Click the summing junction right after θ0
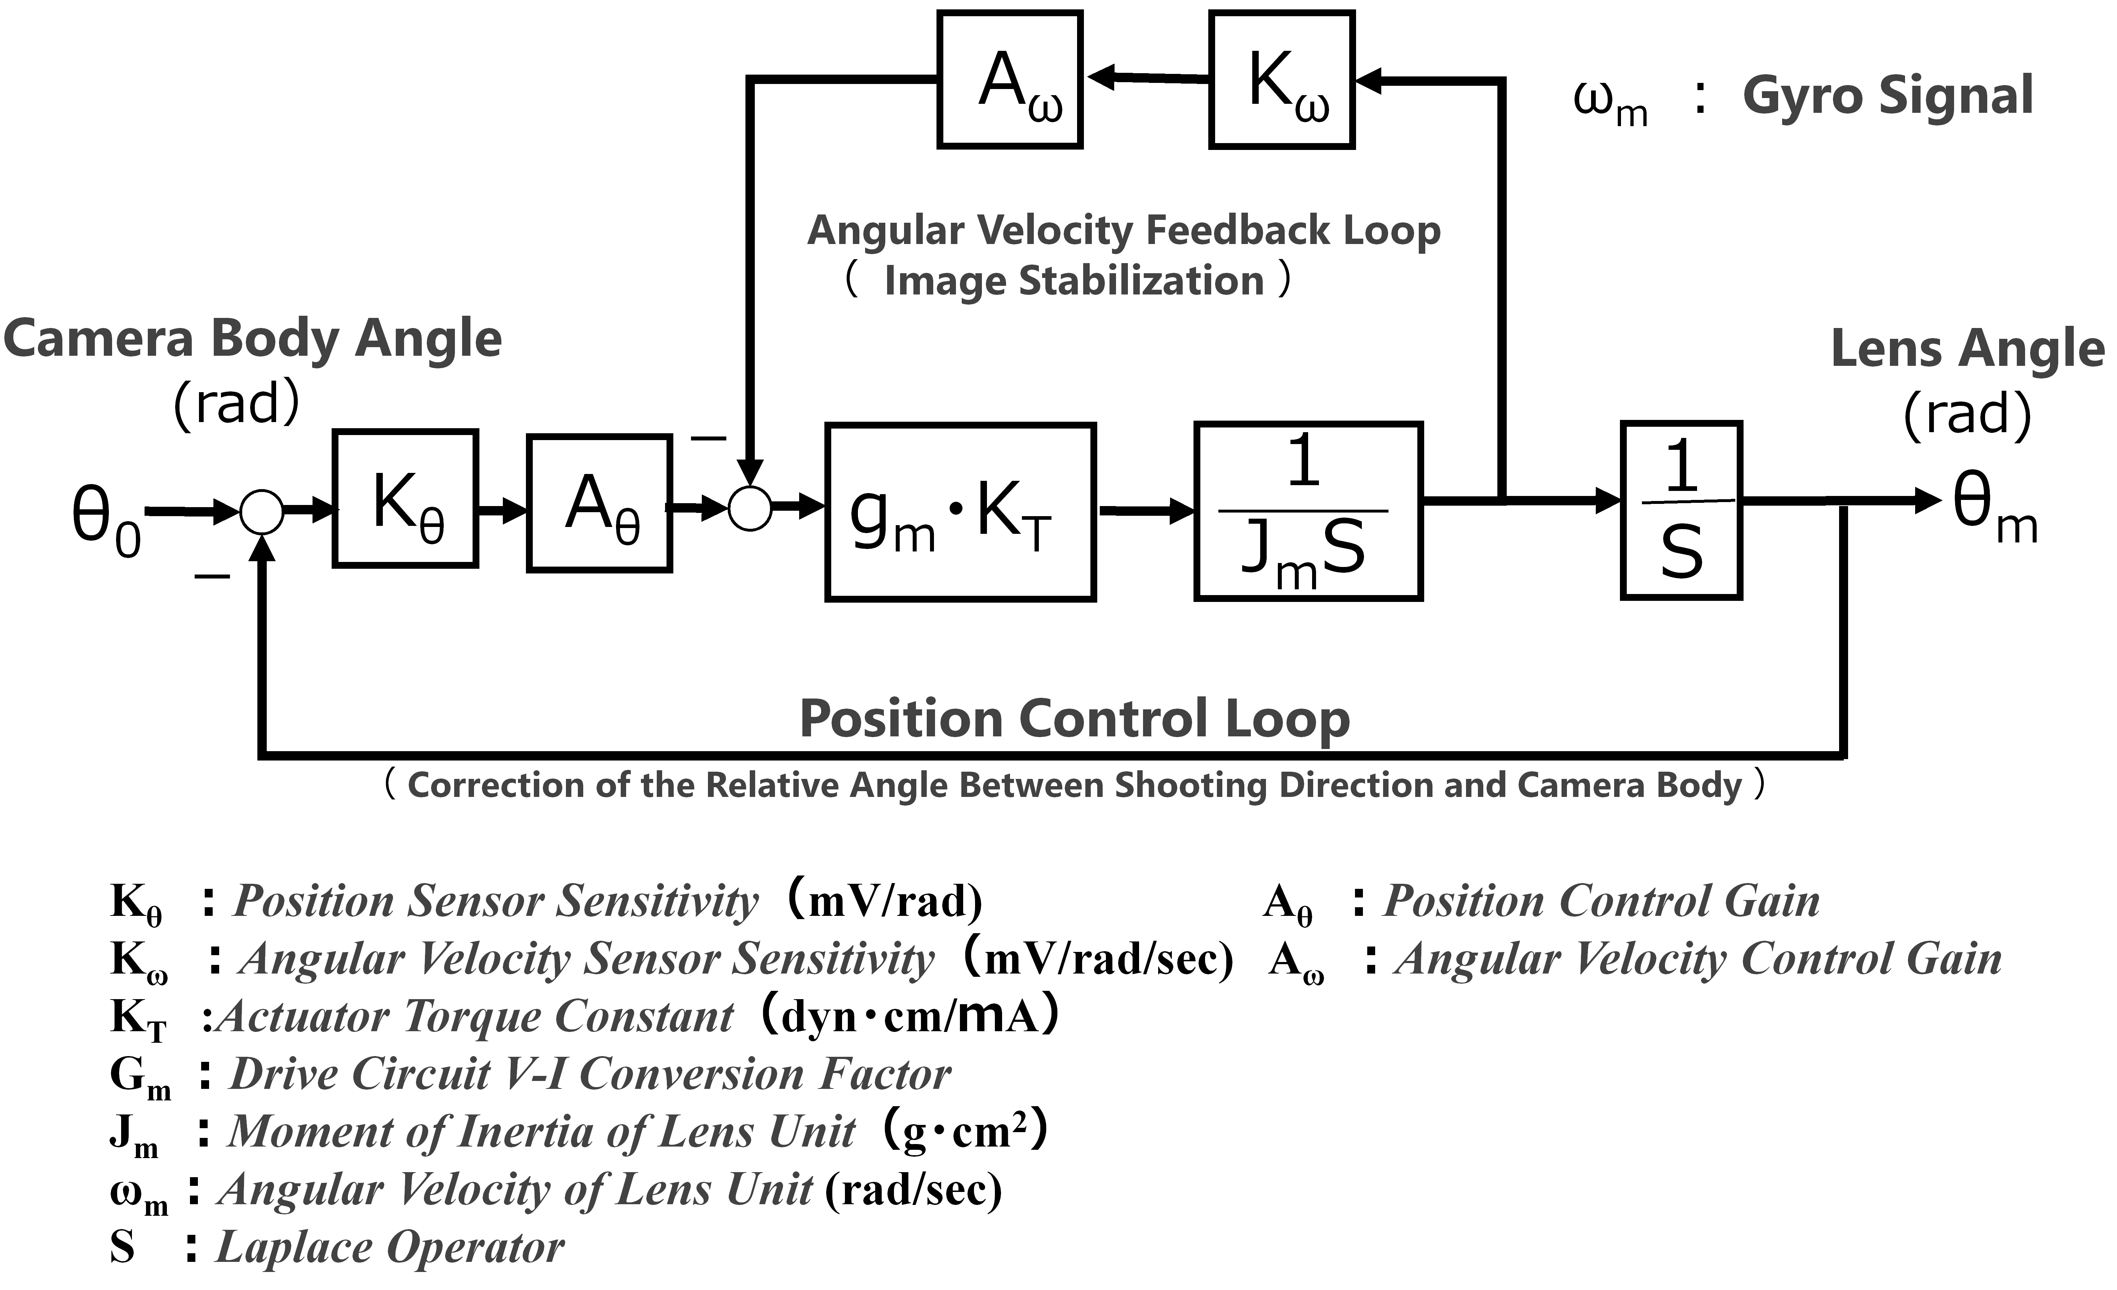click(261, 513)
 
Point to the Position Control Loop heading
click(1075, 720)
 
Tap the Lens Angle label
click(1967, 349)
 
